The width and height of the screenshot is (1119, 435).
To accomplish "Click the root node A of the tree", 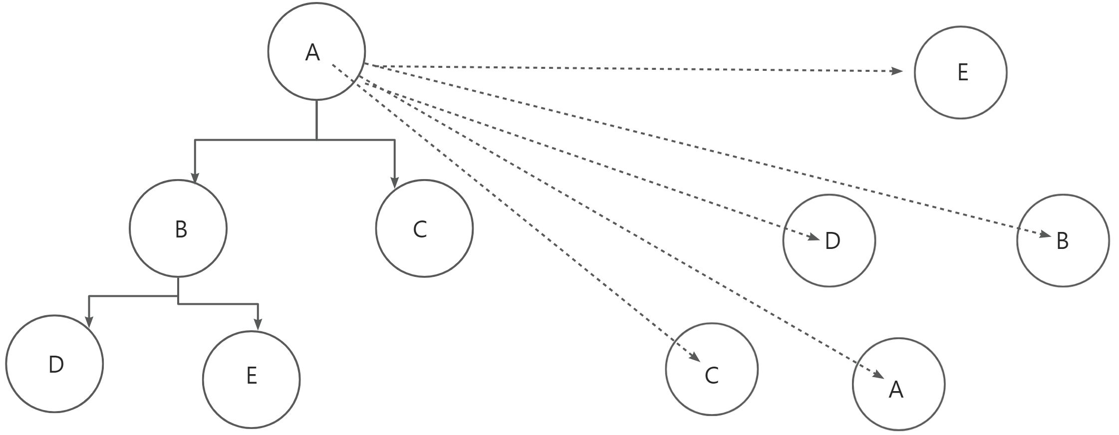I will coord(316,51).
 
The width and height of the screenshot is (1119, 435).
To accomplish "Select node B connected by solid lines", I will coord(178,228).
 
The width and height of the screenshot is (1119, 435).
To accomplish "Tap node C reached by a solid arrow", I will coord(424,228).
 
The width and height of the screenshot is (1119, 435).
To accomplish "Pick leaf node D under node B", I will coord(54,364).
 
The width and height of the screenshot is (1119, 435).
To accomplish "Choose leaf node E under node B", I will coord(251,380).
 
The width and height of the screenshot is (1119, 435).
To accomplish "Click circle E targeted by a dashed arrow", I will coord(960,72).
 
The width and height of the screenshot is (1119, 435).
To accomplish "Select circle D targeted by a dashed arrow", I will coord(829,240).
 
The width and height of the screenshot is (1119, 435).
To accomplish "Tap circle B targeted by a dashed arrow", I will coord(1063,240).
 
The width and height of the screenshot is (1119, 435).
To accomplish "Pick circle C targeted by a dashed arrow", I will coord(712,369).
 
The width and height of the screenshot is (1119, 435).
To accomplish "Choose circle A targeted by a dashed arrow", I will coord(898,384).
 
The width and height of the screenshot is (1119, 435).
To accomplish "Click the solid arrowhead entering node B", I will coord(195,178).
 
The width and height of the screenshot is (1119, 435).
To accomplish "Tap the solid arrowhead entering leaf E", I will coord(258,324).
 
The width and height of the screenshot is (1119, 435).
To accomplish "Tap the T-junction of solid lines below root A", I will coord(316,140).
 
